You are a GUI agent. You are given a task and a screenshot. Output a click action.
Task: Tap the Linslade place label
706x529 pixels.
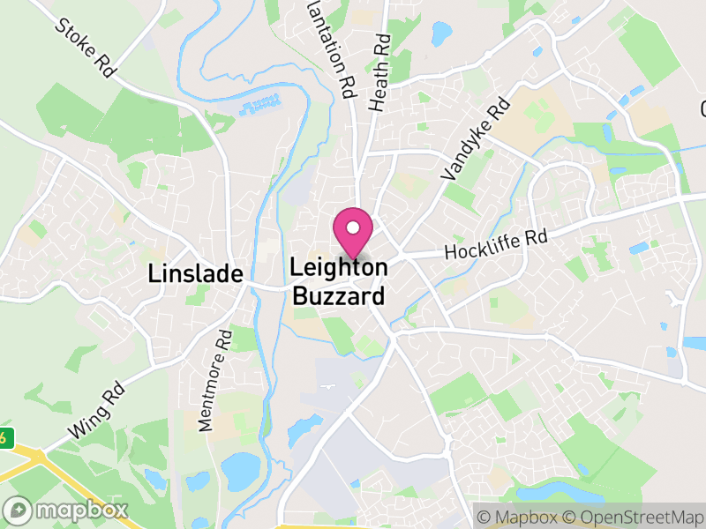[x=195, y=273]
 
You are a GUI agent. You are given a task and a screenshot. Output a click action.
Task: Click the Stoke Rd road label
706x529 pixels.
[x=86, y=48]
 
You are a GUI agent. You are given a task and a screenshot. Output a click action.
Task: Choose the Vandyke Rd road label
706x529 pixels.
[x=476, y=140]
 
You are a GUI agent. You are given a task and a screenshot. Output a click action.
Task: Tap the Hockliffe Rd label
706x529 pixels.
[x=496, y=244]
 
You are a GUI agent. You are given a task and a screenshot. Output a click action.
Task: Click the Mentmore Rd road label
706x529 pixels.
[x=214, y=379]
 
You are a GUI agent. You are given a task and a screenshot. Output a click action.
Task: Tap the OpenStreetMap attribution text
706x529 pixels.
[x=639, y=516]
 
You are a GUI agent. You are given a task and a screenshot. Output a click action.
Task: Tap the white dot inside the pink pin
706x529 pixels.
[x=353, y=228]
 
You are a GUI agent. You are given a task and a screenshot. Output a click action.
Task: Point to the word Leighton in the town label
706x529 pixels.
[x=339, y=266]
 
